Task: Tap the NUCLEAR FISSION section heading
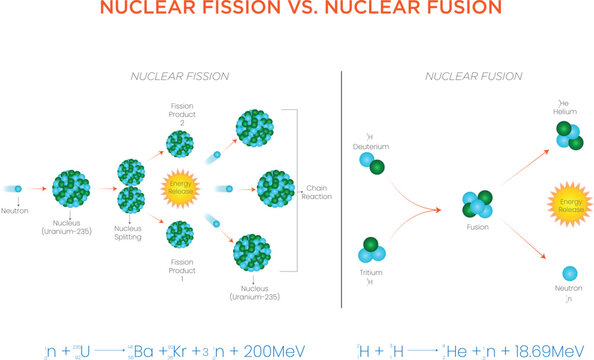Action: click(181, 76)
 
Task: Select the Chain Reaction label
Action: click(317, 191)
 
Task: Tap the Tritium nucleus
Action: click(372, 249)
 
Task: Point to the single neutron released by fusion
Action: click(569, 274)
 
